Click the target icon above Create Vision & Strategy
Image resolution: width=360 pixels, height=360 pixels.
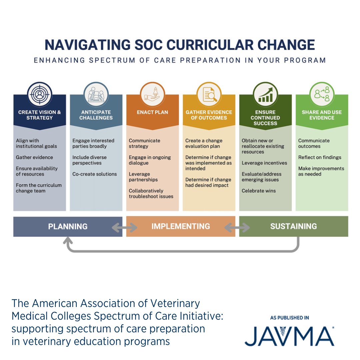40,94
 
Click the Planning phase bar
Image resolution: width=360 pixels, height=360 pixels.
68,227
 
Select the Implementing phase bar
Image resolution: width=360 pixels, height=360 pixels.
181,227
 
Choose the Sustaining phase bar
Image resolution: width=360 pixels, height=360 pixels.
293,227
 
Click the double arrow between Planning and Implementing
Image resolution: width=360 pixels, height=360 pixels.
124,228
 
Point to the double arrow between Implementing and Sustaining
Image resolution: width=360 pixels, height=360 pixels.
237,228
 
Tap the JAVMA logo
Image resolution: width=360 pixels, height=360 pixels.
289,336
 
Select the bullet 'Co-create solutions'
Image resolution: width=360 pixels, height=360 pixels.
95,174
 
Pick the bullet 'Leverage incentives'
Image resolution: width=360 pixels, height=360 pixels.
264,163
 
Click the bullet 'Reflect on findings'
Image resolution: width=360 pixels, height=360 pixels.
320,157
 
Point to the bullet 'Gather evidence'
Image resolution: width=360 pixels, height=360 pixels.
34,157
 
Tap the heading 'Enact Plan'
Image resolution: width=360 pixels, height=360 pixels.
152,112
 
